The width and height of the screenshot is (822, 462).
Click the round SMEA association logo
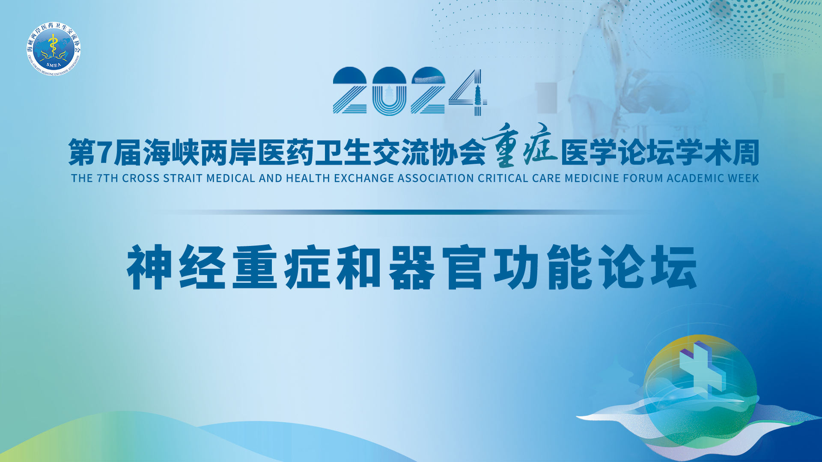click(53, 49)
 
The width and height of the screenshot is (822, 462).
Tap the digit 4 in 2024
click(468, 92)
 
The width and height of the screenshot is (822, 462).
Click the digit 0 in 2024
click(389, 92)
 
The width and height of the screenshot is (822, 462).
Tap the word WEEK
click(744, 178)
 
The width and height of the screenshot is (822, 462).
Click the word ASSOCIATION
click(436, 178)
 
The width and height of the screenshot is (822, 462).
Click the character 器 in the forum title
click(411, 267)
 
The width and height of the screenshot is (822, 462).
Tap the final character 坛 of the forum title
click(674, 267)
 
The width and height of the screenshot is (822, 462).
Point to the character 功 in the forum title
click(516, 267)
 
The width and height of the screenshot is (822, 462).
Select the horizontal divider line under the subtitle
click(402, 212)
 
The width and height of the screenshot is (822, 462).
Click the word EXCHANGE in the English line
click(364, 178)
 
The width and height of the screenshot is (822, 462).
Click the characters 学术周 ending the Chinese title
click(717, 153)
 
